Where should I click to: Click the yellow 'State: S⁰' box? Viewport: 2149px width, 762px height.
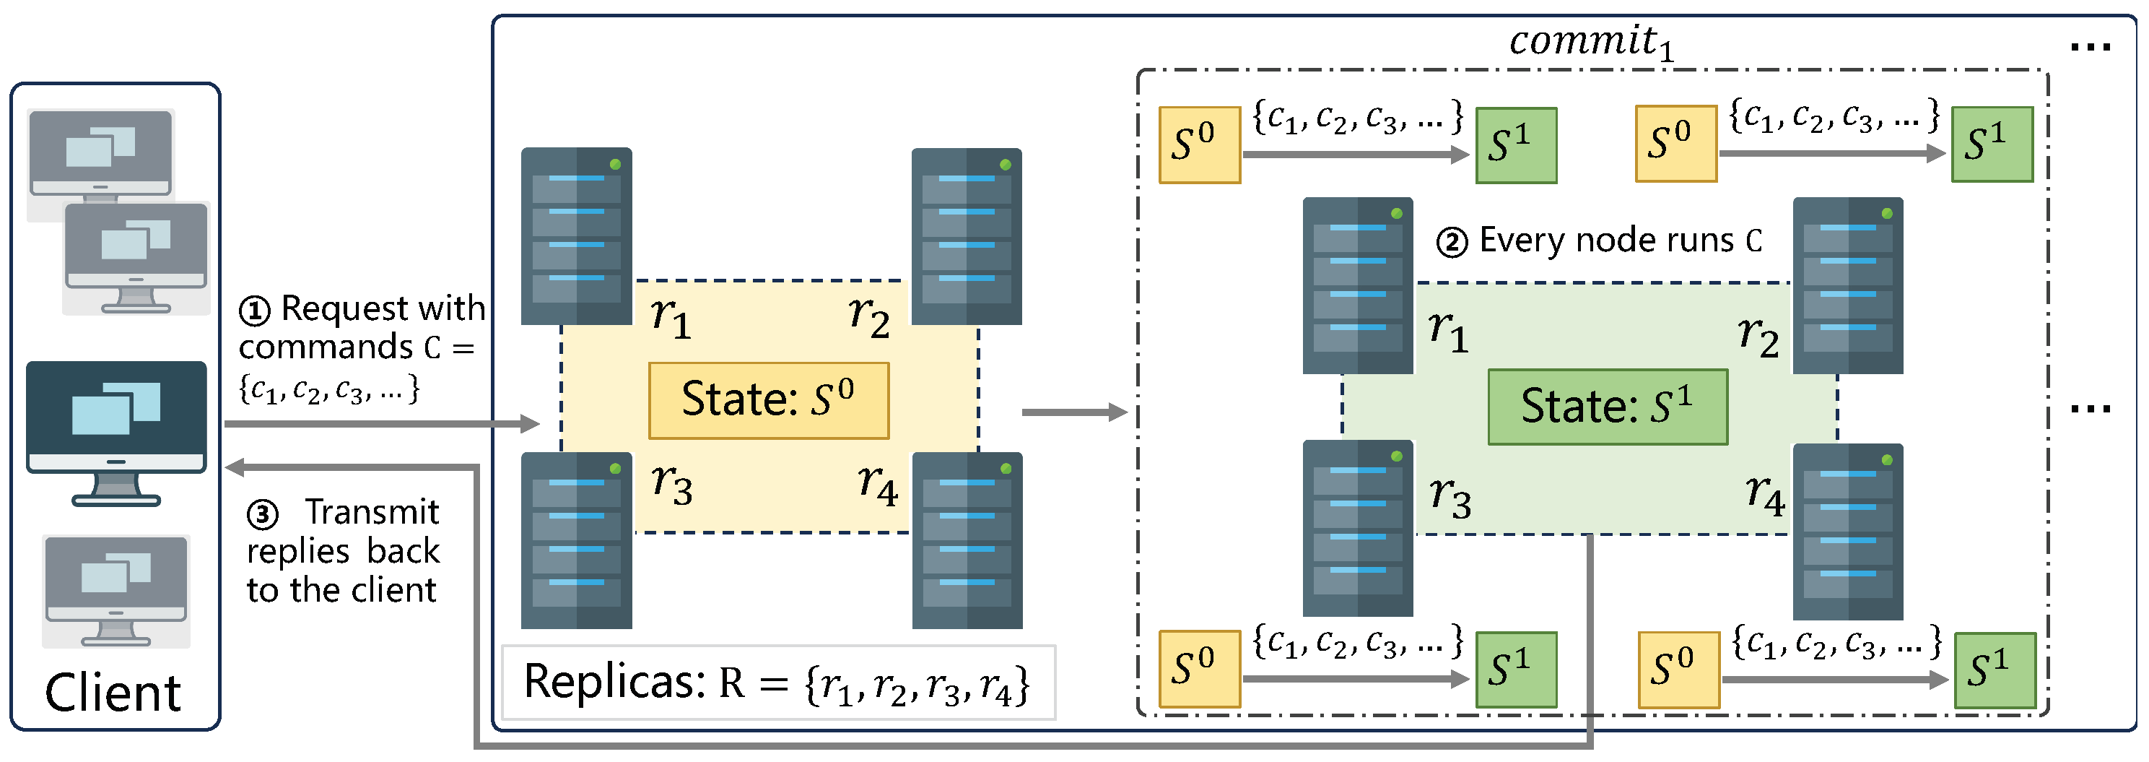click(x=768, y=399)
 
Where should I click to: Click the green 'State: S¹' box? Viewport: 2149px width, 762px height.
click(x=1607, y=407)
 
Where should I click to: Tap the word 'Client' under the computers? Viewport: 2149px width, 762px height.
click(x=113, y=692)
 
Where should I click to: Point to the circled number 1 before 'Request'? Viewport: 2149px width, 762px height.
click(x=254, y=311)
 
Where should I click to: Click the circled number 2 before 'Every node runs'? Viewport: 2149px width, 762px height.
click(x=1452, y=243)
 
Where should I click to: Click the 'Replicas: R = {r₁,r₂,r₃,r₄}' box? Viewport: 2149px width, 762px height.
click(x=777, y=682)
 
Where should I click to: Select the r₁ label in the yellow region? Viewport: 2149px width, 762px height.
click(x=671, y=317)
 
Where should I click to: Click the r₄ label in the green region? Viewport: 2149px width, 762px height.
click(x=1765, y=495)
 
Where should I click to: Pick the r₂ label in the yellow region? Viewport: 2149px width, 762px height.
click(x=868, y=316)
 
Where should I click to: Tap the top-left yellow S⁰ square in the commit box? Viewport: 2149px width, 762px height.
click(x=1199, y=144)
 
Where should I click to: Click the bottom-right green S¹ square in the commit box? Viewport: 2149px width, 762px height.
click(x=1995, y=670)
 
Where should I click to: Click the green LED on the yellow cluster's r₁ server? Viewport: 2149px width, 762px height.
click(x=615, y=165)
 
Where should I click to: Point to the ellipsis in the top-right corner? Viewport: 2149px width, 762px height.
click(x=2090, y=48)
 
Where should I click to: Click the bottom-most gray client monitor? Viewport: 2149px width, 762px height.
click(x=116, y=590)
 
